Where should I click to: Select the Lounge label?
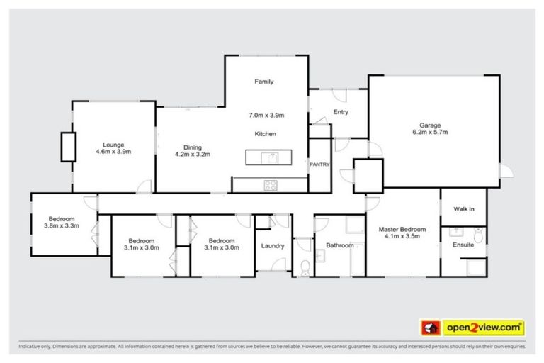point(113,144)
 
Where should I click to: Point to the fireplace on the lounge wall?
point(67,147)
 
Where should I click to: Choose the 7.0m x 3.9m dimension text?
point(266,115)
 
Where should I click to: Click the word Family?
point(263,82)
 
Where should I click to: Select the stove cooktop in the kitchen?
point(270,185)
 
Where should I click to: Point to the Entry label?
point(341,112)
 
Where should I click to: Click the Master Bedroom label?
point(402,230)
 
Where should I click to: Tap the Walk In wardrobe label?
point(463,209)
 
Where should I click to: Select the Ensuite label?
point(463,245)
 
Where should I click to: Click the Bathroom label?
point(339,246)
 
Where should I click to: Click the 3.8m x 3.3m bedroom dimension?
point(63,226)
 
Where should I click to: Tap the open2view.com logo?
point(474,328)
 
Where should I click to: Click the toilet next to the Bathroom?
point(303,265)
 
